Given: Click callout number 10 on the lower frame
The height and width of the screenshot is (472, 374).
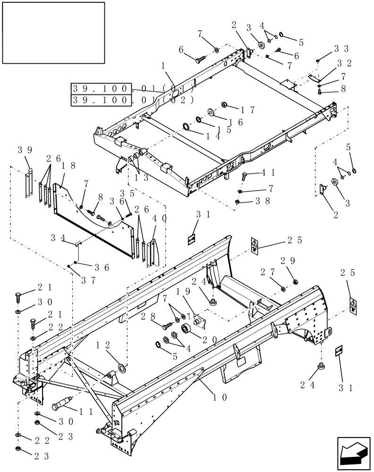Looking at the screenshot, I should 220,397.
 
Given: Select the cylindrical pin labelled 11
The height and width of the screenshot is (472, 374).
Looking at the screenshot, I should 61,405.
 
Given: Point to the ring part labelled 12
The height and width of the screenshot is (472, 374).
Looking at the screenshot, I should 120,366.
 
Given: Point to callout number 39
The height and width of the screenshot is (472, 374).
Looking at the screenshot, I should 25,150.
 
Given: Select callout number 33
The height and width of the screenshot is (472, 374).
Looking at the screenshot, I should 341,48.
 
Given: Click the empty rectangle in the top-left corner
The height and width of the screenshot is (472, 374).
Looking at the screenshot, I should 53,33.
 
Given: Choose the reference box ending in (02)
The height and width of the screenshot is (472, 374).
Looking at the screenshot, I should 132,100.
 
